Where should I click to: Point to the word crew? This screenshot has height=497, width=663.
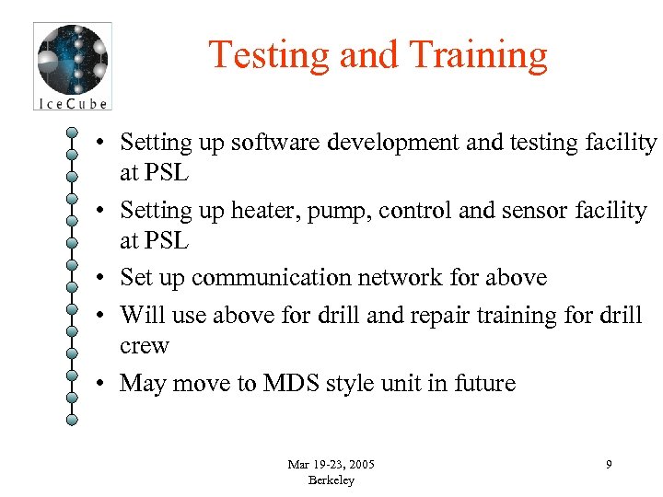point(145,346)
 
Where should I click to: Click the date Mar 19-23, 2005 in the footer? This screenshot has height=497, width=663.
point(331,464)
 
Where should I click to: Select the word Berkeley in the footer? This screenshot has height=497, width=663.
point(331,480)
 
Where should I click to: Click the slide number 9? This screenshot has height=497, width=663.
point(609,465)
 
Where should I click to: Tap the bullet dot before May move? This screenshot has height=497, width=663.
point(108,384)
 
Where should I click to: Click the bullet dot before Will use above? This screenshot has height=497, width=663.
point(108,316)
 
